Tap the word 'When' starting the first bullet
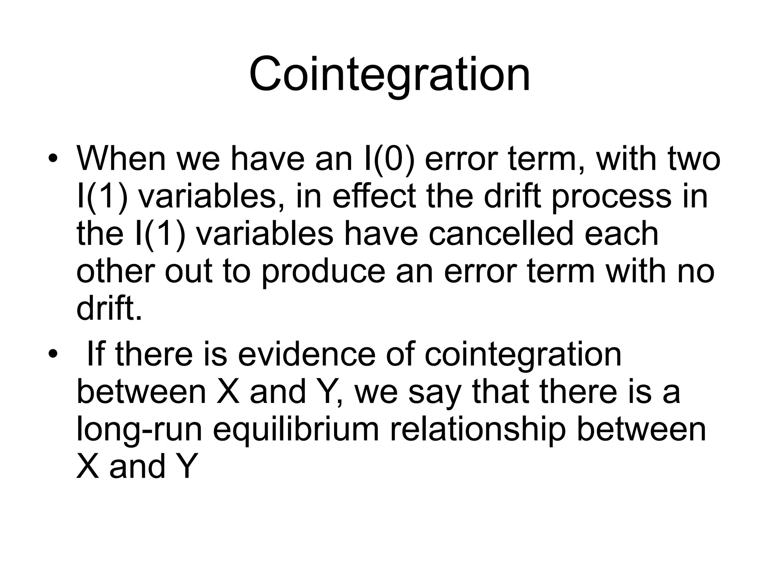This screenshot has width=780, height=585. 121,158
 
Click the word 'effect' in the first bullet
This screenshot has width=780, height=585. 374,196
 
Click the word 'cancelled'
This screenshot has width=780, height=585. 501,233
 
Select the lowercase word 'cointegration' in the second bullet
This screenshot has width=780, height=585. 523,354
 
